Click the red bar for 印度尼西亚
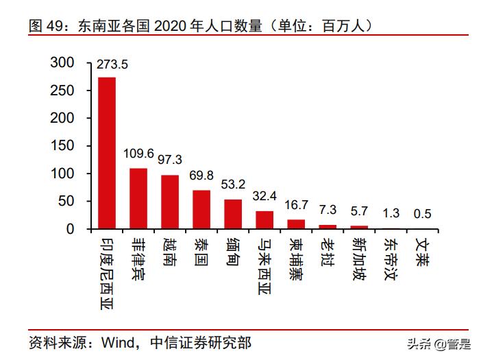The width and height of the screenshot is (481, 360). coord(107,153)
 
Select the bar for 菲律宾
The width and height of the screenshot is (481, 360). coord(138,198)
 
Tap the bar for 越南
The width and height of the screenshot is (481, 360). coord(170,202)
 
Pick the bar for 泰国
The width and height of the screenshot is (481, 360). coord(201,209)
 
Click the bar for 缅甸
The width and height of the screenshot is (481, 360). coord(233,214)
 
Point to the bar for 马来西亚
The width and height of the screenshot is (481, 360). coord(264,219)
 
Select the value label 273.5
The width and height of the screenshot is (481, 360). coord(112,65)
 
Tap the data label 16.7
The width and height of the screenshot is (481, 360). coord(296,206)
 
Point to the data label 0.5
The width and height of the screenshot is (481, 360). coord(423,215)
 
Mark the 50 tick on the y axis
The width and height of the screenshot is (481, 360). coord(66,202)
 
